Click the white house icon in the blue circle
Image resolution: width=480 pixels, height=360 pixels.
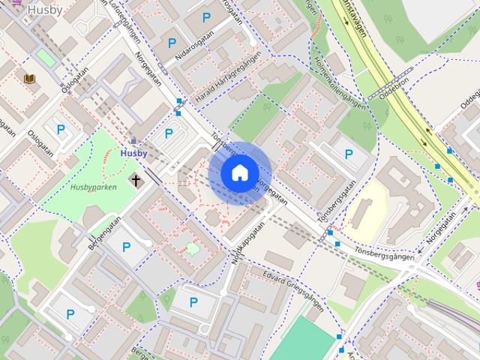click(x=239, y=173)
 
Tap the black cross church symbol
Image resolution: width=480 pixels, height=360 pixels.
click(x=136, y=180)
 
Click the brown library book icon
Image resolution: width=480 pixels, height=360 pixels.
click(x=29, y=79)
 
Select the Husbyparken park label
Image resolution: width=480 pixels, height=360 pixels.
click(x=94, y=187)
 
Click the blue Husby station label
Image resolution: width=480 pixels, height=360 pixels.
click(x=133, y=153)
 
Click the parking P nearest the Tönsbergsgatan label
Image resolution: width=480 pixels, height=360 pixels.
click(x=349, y=154)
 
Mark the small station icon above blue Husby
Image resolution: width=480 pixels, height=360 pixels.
click(x=133, y=140)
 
